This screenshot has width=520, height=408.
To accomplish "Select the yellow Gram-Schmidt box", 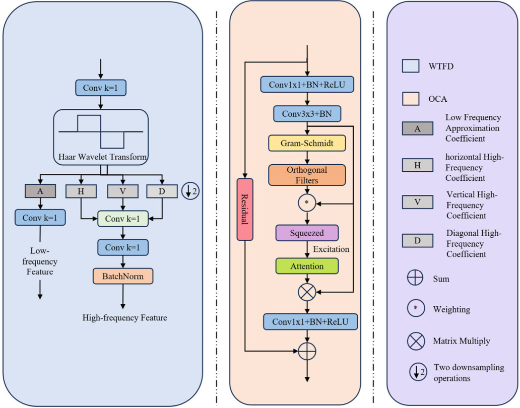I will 307,143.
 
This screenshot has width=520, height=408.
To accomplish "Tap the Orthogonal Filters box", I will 307,175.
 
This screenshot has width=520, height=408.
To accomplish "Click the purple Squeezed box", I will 307,233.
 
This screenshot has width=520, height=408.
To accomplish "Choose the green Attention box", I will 307,266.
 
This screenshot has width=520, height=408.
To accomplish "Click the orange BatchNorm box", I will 122,276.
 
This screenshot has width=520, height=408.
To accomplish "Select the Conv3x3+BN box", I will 307,114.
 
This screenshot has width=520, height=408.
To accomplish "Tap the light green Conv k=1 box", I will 122,219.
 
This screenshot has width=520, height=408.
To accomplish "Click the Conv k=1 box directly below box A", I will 40,218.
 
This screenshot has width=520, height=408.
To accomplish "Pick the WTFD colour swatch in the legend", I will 411,66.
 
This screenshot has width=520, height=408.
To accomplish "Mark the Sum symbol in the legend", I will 415,278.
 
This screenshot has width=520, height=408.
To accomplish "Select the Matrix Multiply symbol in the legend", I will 415,341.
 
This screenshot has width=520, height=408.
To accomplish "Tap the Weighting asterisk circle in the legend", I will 415,309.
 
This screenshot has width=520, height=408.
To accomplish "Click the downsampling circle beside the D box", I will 190,192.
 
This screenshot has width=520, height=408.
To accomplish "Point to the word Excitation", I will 331,249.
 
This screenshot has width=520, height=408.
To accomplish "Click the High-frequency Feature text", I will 124,317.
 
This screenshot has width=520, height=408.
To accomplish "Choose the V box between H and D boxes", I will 122,191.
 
